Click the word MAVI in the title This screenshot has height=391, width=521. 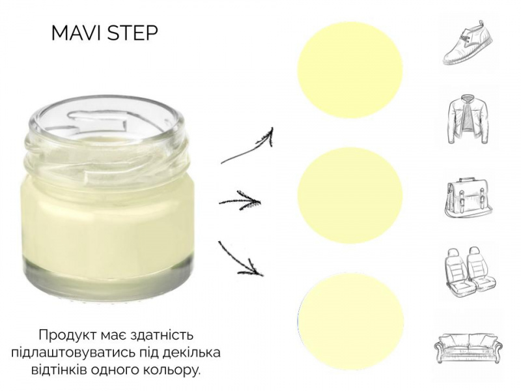pos(77,33)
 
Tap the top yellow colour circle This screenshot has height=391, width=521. pos(350,70)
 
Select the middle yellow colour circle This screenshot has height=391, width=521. pos(350,195)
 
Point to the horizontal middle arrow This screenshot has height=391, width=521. pos(238,201)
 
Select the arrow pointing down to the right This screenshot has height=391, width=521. pos(240,259)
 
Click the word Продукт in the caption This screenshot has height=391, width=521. pos(67,335)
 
